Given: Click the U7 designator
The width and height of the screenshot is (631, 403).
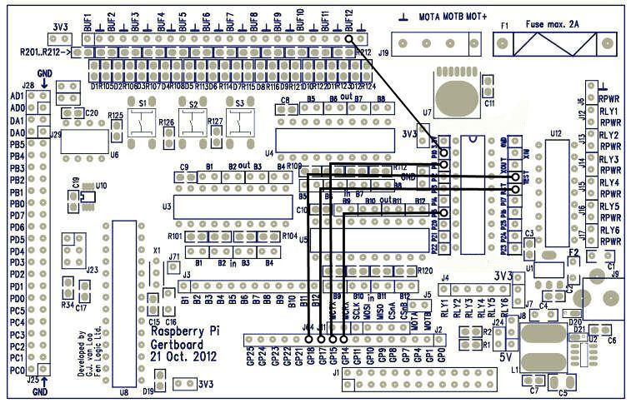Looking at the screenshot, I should [428, 111].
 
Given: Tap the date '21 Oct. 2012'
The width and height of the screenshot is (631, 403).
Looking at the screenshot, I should [183, 356].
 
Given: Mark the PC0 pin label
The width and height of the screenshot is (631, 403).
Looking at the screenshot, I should [16, 370].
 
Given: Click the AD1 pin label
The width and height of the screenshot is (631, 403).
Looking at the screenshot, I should [17, 96].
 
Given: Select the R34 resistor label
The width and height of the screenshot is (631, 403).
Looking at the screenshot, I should [68, 306].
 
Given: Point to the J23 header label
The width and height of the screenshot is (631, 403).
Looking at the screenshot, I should [93, 270].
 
